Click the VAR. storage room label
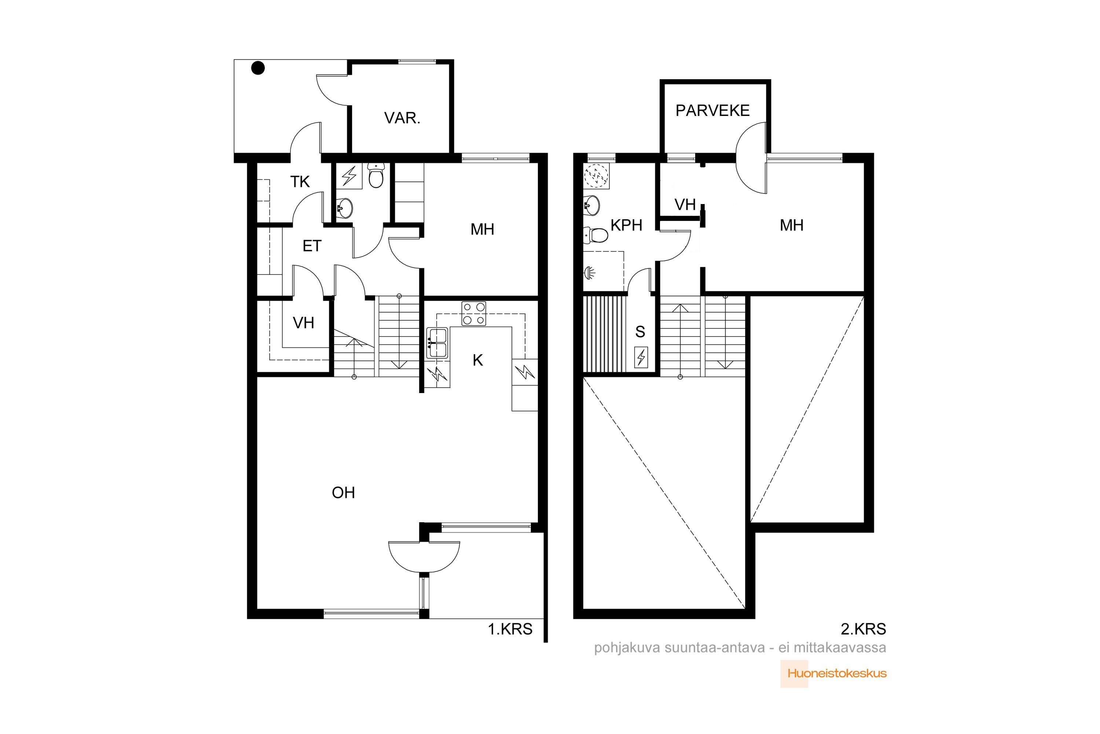402,118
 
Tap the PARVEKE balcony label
712,110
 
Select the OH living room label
343,493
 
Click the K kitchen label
477,360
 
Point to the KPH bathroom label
626,225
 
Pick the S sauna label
640,332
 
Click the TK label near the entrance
300,182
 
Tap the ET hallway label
312,246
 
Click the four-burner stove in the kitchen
474,314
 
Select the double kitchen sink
437,343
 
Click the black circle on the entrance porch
258,68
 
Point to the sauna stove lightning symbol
641,357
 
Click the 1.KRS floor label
510,629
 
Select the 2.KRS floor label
863,629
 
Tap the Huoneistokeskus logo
833,673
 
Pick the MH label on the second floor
791,225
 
